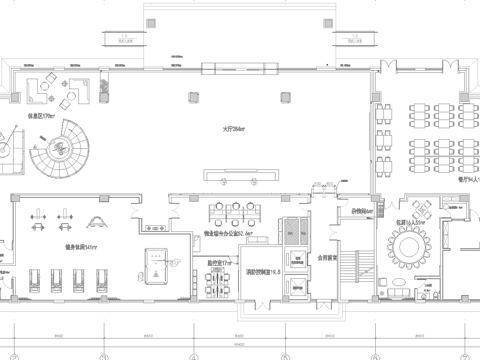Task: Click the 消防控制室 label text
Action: pyautogui.click(x=263, y=271)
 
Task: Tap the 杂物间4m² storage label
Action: pyautogui.click(x=362, y=211)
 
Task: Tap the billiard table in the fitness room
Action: pyautogui.click(x=155, y=264)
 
